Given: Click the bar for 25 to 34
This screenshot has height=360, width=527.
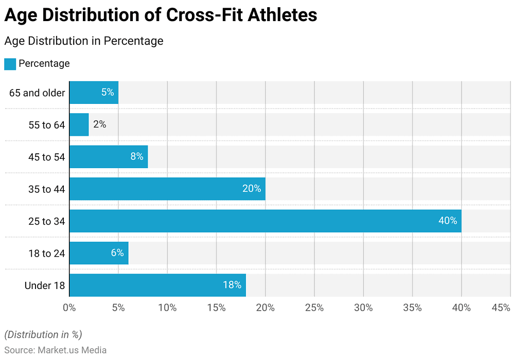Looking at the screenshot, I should click(x=265, y=221).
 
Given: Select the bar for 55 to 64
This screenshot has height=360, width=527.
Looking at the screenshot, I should click(x=79, y=124).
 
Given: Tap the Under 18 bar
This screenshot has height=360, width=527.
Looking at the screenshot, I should click(x=157, y=285).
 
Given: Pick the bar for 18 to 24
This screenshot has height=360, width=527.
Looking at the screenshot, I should click(x=99, y=253).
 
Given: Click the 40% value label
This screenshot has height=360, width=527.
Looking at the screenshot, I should click(x=447, y=221).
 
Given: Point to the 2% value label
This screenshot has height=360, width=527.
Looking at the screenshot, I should click(x=99, y=124).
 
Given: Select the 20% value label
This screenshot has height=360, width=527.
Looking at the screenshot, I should click(x=252, y=189).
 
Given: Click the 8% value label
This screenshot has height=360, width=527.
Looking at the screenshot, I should click(x=136, y=156).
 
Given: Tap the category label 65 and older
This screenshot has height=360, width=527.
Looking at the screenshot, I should click(x=37, y=93).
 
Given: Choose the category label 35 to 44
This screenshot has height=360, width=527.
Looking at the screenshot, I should click(x=46, y=189).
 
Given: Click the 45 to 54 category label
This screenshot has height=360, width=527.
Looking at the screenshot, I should click(x=46, y=157).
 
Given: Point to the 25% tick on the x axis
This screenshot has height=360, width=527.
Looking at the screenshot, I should click(x=314, y=308).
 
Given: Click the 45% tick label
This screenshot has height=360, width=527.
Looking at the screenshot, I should click(x=501, y=308).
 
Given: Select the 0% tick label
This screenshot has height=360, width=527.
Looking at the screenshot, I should click(x=69, y=308).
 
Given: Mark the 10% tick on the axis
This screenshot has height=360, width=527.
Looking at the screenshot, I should click(x=167, y=308).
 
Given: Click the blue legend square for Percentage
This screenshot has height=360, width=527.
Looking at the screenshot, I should click(x=10, y=64).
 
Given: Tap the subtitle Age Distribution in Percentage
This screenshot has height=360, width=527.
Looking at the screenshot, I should click(x=84, y=41).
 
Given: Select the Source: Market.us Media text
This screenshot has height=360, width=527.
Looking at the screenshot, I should click(x=56, y=350).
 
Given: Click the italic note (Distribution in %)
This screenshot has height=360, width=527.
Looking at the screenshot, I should click(x=43, y=335).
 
